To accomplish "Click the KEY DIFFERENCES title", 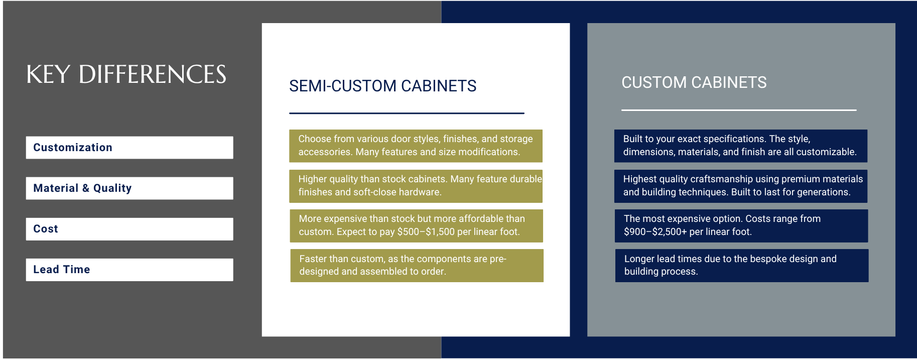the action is (x=126, y=74).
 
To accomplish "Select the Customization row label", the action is (x=73, y=148).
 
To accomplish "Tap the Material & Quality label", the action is (x=82, y=188).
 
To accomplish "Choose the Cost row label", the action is (x=46, y=229).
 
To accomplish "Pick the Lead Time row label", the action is (x=62, y=270).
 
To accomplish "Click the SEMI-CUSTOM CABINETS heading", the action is (x=382, y=86).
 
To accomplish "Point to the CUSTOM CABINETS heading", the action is (x=694, y=82).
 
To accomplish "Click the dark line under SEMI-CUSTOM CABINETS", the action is (x=407, y=113).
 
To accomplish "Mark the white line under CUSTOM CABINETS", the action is (x=739, y=110).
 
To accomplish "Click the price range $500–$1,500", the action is (x=426, y=232).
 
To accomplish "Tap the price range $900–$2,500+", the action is (x=656, y=232).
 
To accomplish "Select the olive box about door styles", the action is (x=416, y=146).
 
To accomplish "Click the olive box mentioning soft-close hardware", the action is (x=416, y=186).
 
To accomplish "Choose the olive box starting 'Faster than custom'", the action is (x=417, y=266).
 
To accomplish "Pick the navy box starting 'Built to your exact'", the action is (x=741, y=146).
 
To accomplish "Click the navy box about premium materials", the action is (x=741, y=186).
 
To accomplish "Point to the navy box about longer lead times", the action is (x=742, y=266).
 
